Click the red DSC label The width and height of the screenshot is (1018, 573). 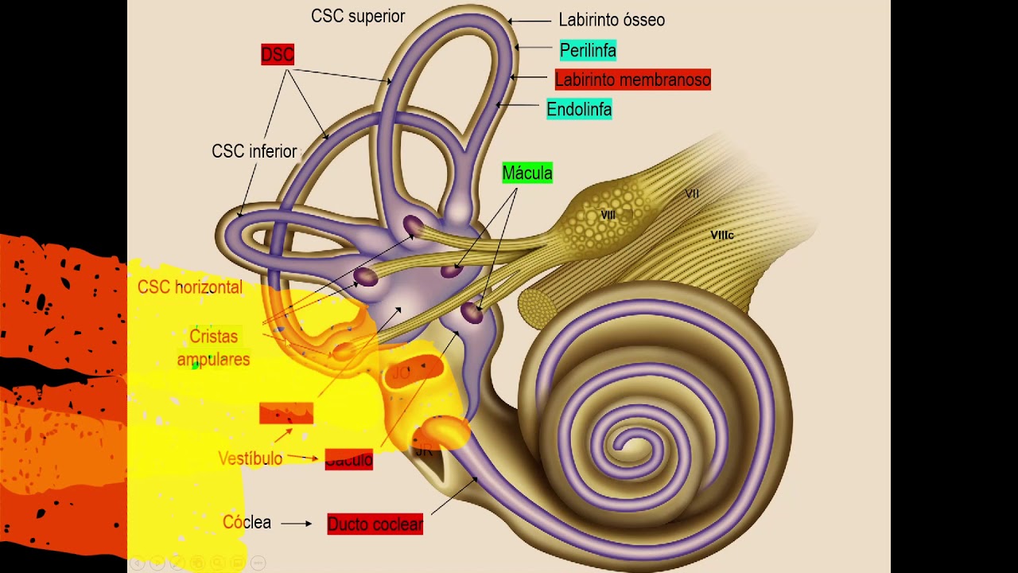(x=278, y=54)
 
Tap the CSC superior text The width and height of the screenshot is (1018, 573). (x=358, y=16)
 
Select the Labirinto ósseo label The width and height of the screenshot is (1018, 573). (x=611, y=20)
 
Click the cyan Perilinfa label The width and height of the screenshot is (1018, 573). (x=588, y=50)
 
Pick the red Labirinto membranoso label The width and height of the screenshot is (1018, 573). (x=632, y=80)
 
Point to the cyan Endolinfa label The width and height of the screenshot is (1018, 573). (x=579, y=109)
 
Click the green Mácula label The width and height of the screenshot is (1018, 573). (x=526, y=173)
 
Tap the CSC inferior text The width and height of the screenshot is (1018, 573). (x=254, y=151)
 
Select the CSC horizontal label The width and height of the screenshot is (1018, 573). (x=190, y=287)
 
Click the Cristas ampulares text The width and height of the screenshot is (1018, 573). (x=213, y=348)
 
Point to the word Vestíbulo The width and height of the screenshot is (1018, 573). (x=251, y=458)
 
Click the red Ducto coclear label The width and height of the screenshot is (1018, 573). (x=375, y=524)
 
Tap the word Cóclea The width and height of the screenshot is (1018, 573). (x=247, y=523)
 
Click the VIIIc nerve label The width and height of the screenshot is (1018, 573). (x=721, y=236)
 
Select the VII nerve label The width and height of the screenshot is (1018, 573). (x=692, y=193)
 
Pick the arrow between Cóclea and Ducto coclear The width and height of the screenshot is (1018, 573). (x=297, y=524)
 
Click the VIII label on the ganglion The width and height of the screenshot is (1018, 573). (x=608, y=215)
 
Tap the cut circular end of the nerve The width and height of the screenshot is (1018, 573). (x=534, y=305)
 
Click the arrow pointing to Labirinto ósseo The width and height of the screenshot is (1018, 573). (x=529, y=21)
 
